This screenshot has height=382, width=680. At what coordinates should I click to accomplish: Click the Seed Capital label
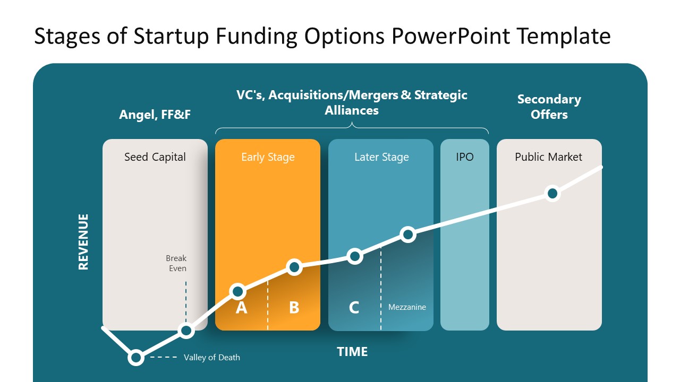tap(155, 157)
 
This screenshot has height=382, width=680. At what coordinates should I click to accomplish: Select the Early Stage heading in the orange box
tap(268, 157)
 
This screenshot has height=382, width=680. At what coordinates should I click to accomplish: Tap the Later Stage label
tap(381, 157)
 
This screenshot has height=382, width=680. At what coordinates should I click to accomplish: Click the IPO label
tap(464, 157)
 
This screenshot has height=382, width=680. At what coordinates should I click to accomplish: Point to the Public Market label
tap(548, 157)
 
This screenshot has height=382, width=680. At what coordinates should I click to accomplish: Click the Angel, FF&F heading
tap(155, 115)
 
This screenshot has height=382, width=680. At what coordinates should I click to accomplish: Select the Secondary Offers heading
tap(549, 107)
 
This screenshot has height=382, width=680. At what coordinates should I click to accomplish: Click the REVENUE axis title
tap(83, 242)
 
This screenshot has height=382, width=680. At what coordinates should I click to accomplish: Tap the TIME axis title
tap(352, 352)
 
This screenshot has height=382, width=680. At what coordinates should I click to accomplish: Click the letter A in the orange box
tap(241, 308)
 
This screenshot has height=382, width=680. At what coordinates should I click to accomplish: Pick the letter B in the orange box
tap(294, 308)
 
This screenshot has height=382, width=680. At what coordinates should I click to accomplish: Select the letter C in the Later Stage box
tap(354, 308)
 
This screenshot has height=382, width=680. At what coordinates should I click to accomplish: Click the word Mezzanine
tap(407, 307)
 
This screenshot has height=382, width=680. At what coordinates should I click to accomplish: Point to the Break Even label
tap(176, 263)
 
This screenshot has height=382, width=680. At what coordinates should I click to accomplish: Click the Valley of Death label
tap(211, 358)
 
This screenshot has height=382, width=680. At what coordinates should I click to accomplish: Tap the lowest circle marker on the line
tap(136, 358)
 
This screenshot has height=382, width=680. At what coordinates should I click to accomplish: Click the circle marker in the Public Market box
tap(552, 193)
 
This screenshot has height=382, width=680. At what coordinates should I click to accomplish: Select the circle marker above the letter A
tap(238, 291)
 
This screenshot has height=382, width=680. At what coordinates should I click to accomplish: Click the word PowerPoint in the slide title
tap(452, 36)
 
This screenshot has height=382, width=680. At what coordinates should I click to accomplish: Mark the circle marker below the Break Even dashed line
tap(186, 331)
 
